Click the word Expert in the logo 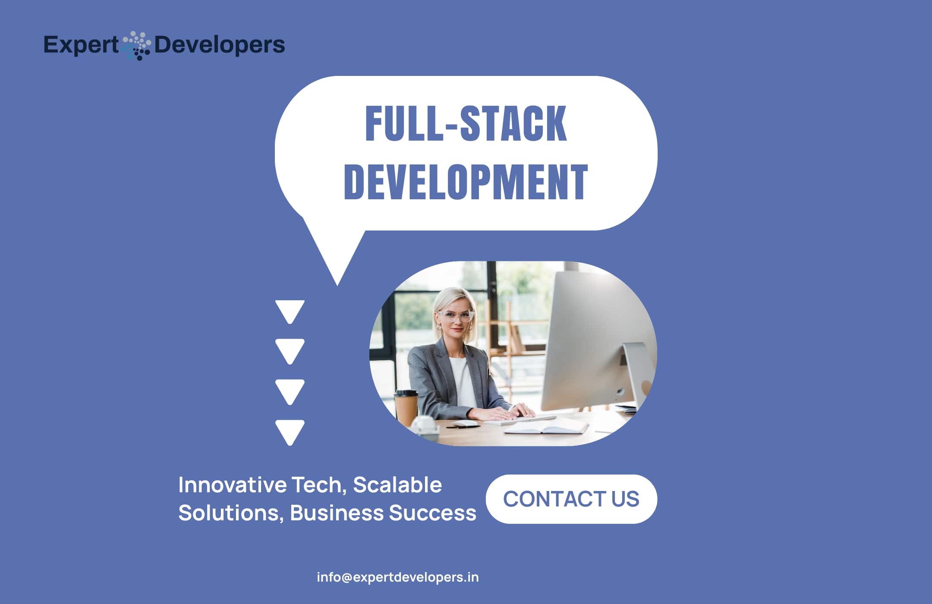81,45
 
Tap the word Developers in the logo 219,45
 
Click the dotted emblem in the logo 136,45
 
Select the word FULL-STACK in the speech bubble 466,123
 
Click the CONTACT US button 571,499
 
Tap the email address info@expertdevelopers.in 398,577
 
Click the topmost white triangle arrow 290,311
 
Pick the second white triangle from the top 290,351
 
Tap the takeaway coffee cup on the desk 406,408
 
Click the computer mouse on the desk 466,424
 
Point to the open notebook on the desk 546,427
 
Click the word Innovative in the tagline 233,485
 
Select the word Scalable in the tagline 397,485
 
